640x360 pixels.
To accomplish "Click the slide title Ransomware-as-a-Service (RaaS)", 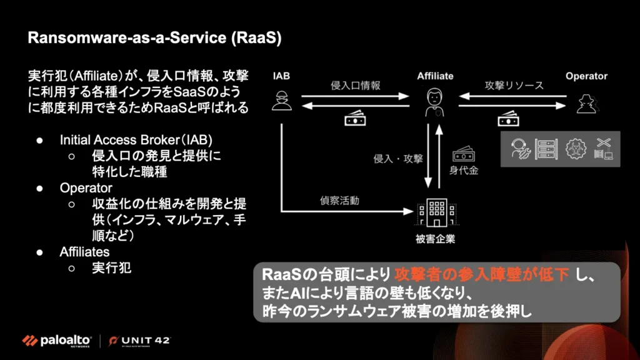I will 155,38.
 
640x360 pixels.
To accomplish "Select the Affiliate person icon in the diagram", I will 434,102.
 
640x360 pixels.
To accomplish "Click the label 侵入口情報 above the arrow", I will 355,86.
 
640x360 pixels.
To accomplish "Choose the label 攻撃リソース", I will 514,86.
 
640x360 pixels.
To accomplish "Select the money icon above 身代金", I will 463,154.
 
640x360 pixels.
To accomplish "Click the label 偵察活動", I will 339,201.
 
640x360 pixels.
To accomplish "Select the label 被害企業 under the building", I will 435,239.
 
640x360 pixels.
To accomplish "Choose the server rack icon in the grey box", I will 546,149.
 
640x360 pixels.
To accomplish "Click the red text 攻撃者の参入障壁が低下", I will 482,274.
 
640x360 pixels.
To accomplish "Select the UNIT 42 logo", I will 139,341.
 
